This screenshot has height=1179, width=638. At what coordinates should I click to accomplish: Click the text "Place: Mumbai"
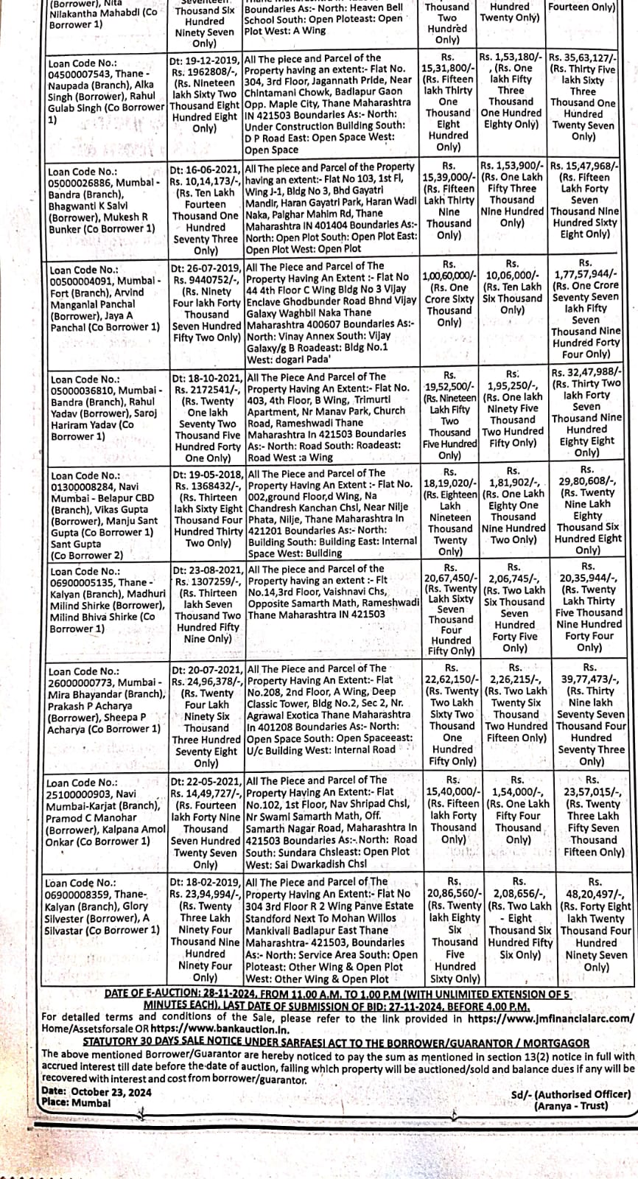coord(76,1102)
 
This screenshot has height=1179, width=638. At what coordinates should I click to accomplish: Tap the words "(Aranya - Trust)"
coord(571,1105)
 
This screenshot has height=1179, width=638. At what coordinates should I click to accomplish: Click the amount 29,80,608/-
coord(587,481)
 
